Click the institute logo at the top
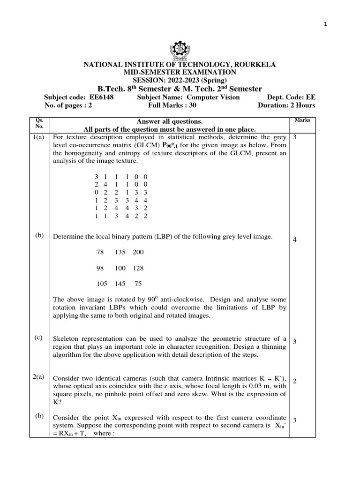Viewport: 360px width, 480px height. tap(180, 50)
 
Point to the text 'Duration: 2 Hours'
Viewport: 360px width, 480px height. tap(286, 105)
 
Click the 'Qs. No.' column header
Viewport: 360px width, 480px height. tap(39, 123)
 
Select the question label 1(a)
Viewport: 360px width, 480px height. tap(39, 137)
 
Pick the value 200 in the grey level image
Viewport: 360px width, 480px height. tap(138, 252)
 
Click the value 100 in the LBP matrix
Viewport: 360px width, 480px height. tap(120, 268)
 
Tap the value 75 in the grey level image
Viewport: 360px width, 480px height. tap(138, 284)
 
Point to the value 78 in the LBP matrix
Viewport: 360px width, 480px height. tap(100, 252)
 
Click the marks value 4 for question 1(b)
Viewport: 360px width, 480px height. tap(295, 240)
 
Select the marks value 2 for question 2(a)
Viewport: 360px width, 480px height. tap(295, 381)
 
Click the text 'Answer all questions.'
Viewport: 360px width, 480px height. tap(169, 121)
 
